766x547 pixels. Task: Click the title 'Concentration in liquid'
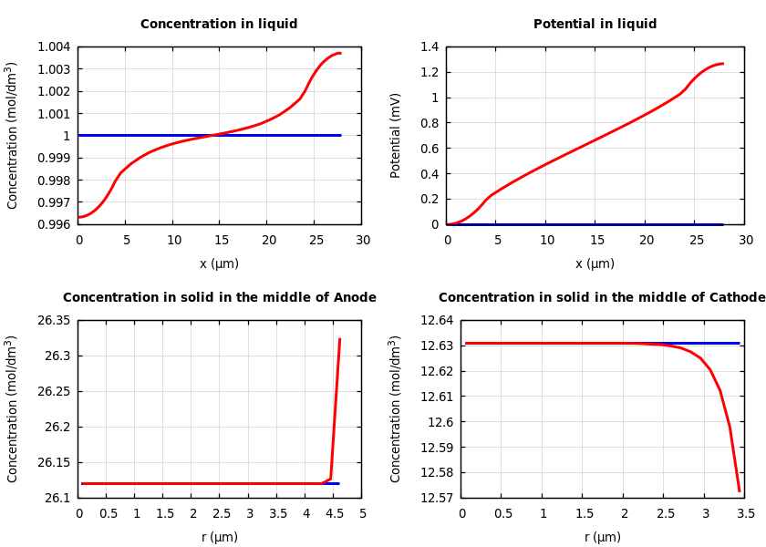(x=219, y=25)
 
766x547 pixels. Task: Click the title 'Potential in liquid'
(x=595, y=25)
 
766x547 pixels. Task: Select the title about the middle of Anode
(x=219, y=298)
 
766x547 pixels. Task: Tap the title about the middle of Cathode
(x=602, y=298)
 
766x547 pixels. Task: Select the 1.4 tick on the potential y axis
(x=429, y=47)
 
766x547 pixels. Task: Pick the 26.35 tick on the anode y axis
(x=53, y=321)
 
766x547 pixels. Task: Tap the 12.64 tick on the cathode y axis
(x=435, y=321)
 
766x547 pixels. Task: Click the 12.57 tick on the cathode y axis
(x=435, y=498)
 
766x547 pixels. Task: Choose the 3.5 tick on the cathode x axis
(x=745, y=513)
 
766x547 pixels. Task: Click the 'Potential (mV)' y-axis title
(x=396, y=135)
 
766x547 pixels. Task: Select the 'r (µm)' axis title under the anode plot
(x=219, y=537)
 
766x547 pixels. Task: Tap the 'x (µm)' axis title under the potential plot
(x=595, y=263)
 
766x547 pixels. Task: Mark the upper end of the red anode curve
(x=339, y=339)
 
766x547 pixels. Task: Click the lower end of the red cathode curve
(x=740, y=491)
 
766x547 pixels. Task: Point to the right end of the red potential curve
(x=723, y=64)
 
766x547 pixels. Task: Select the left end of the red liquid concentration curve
(x=79, y=217)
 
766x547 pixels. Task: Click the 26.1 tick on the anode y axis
(x=57, y=498)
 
